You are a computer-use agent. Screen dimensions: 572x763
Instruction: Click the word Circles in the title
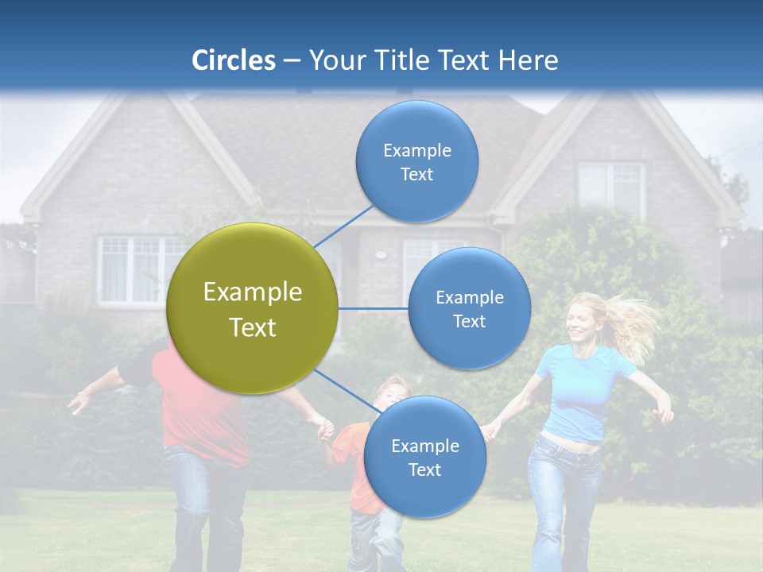point(233,60)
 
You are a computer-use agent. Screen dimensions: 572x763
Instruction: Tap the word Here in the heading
point(528,60)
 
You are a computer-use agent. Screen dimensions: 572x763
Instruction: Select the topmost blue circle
point(416,161)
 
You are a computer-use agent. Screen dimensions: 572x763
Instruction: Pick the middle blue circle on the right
point(469,308)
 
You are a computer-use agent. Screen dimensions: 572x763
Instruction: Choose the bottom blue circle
point(424,457)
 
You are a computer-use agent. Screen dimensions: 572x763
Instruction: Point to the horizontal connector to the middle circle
point(373,308)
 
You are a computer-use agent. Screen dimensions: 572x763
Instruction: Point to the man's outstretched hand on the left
point(79,401)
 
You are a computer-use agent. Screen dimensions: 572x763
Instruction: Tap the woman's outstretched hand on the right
point(664,413)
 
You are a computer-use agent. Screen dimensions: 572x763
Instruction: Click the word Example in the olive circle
point(252,292)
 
